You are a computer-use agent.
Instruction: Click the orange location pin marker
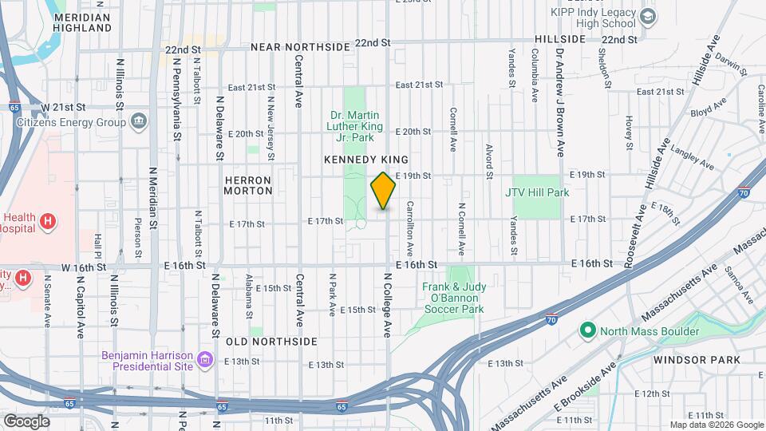pyautogui.click(x=384, y=191)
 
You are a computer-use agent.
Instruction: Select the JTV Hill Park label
pyautogui.click(x=536, y=192)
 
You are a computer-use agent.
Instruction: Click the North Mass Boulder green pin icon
pyautogui.click(x=588, y=330)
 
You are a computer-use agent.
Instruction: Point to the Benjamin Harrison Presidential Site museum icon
pyautogui.click(x=205, y=361)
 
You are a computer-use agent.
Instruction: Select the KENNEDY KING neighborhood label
pyautogui.click(x=366, y=160)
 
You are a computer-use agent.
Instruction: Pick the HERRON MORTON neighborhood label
pyautogui.click(x=248, y=185)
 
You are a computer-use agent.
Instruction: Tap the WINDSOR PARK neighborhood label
pyautogui.click(x=697, y=360)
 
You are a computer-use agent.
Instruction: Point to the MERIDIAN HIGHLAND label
pyautogui.click(x=81, y=22)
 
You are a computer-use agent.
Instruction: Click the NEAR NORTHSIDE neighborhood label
pyautogui.click(x=300, y=48)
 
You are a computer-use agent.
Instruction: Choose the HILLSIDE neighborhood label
pyautogui.click(x=559, y=38)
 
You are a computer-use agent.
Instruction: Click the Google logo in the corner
pyautogui.click(x=26, y=421)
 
